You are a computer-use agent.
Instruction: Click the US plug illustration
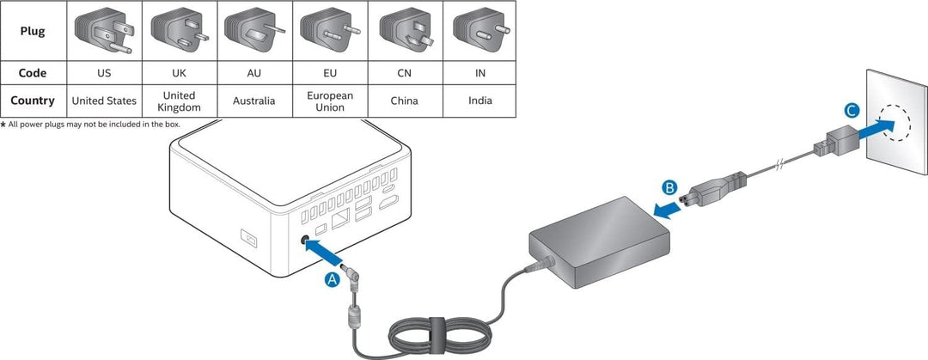[x=105, y=30]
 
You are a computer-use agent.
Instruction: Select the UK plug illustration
[x=179, y=30]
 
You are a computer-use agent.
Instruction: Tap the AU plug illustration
[x=254, y=30]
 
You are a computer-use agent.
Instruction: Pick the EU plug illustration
[x=330, y=30]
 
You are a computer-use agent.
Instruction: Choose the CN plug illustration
[x=405, y=30]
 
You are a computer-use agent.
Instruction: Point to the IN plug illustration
[x=479, y=30]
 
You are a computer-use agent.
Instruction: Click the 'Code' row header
[x=33, y=73]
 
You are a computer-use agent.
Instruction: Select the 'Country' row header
[x=33, y=101]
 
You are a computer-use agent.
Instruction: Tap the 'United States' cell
[x=104, y=101]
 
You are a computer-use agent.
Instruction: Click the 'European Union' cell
[x=330, y=101]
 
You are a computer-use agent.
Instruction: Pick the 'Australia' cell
[x=254, y=101]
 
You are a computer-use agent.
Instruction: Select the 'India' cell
[x=479, y=101]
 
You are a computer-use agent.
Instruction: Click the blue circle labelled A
[x=333, y=278]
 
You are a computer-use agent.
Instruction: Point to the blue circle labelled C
[x=850, y=110]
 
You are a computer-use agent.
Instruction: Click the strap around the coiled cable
[x=437, y=331]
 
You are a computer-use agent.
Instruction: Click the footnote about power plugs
[x=90, y=125]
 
